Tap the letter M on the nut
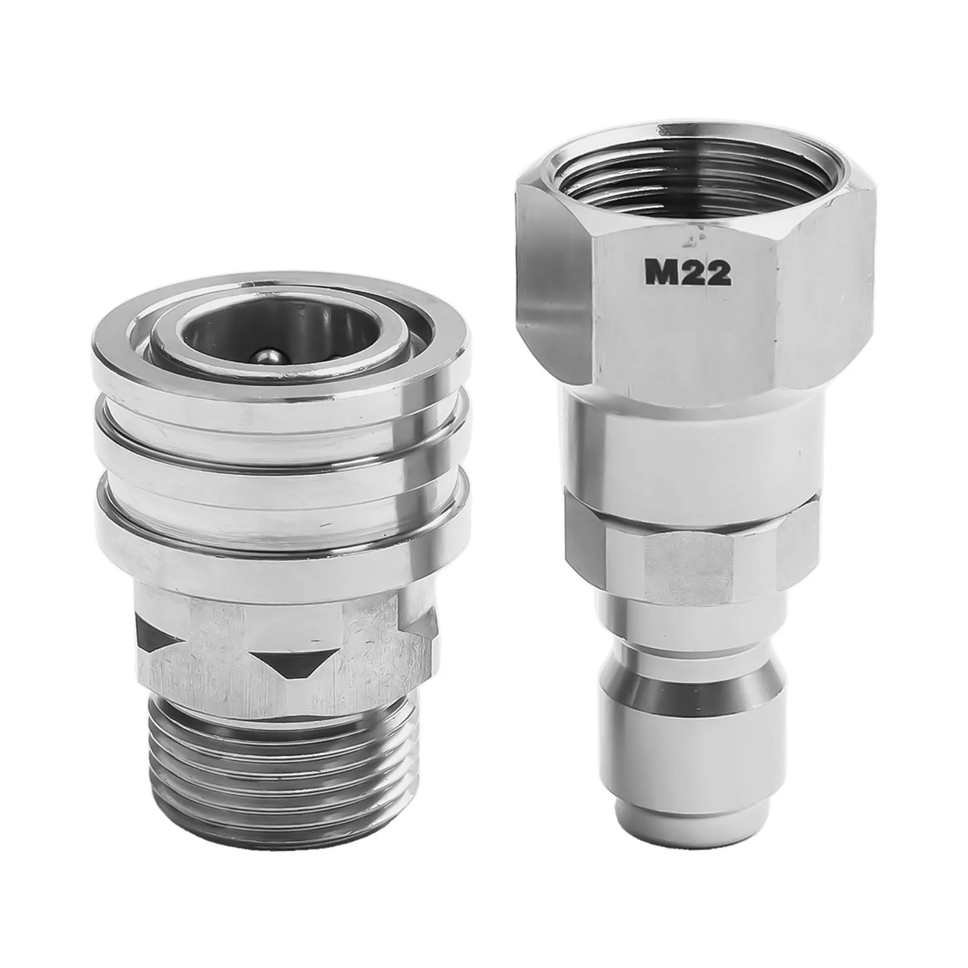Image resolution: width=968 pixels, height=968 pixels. coord(660,273)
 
